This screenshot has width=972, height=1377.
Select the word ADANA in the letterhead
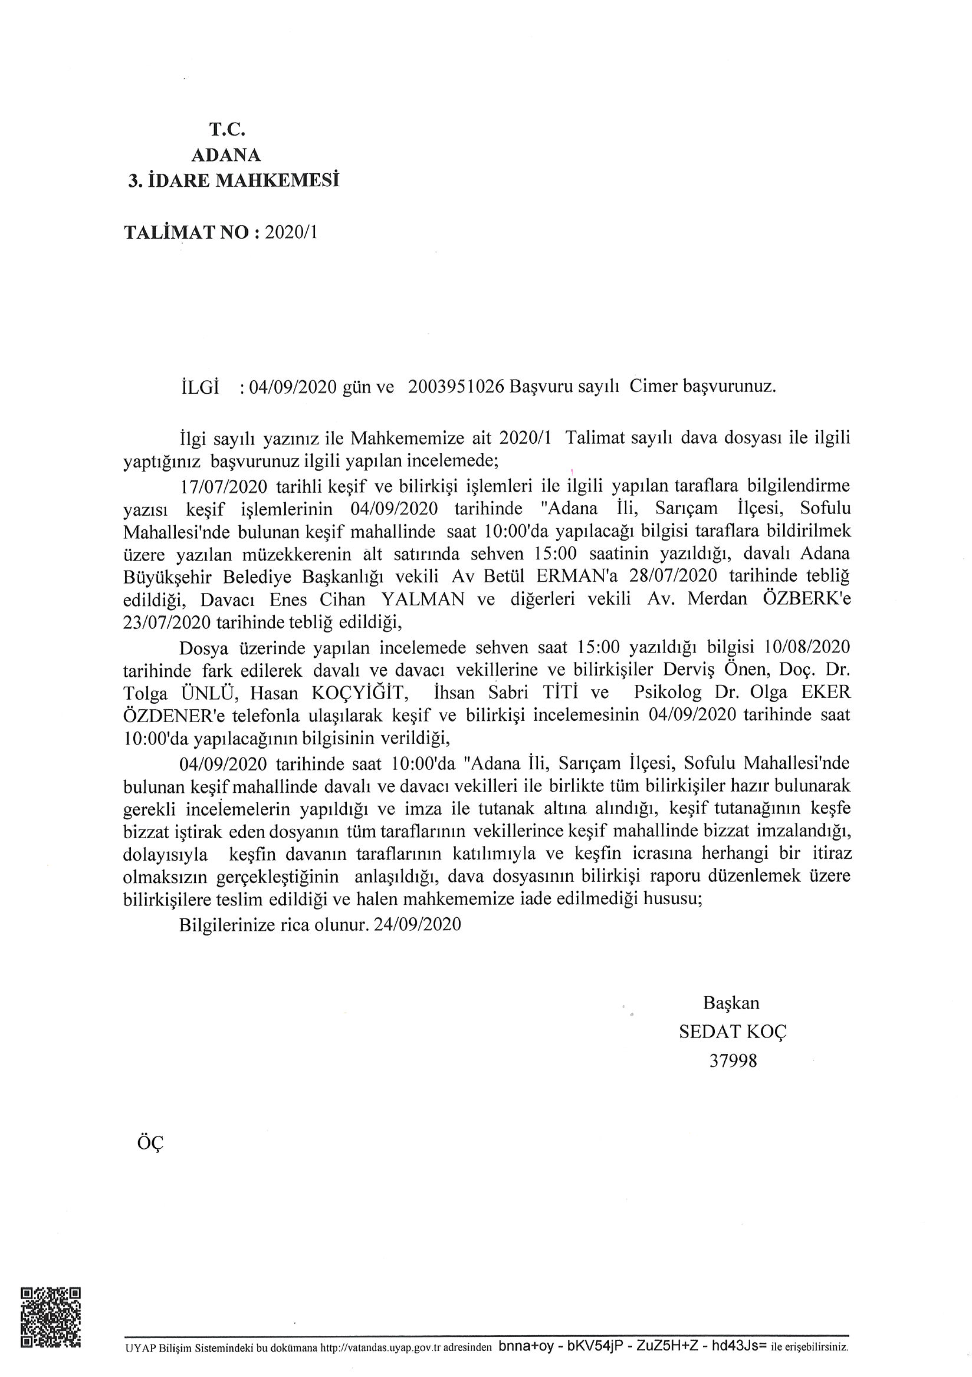pos(226,155)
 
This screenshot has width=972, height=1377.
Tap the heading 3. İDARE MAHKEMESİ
pos(234,180)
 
